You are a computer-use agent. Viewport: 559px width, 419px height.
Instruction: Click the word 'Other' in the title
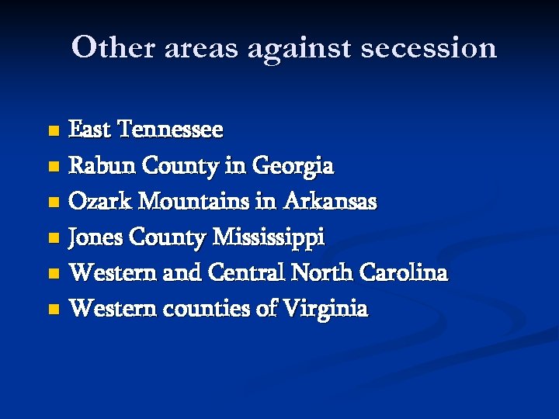[x=113, y=47]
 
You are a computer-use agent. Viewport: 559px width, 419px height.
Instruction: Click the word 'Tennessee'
[x=170, y=130]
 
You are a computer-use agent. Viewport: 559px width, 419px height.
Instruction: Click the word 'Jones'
[x=96, y=237]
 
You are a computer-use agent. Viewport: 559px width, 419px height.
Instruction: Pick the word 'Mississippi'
[x=269, y=237]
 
